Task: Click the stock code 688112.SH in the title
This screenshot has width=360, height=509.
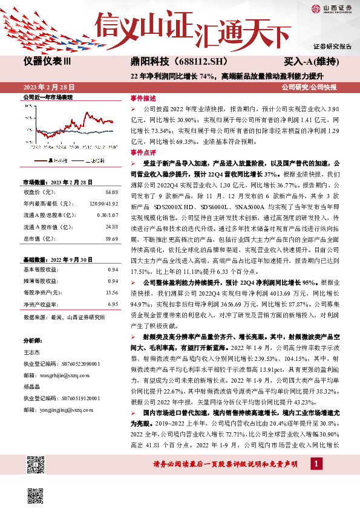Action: (191, 62)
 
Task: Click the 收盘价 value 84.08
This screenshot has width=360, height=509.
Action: (111, 192)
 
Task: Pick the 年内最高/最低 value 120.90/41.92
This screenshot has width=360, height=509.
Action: (103, 203)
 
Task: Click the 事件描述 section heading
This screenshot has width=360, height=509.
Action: (143, 98)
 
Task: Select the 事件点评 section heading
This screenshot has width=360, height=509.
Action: (143, 152)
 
